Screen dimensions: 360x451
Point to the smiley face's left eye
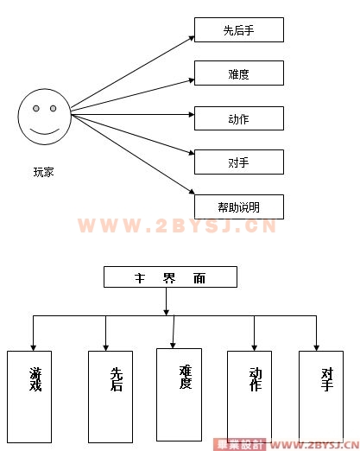pyautogui.click(x=36, y=108)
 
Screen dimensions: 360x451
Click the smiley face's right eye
pyautogui.click(x=53, y=108)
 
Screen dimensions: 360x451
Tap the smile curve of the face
pyautogui.click(x=45, y=133)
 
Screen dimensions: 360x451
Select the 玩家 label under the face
pyautogui.click(x=44, y=172)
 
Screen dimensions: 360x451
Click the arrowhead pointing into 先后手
pyautogui.click(x=192, y=38)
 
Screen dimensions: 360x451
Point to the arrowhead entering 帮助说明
pyautogui.click(x=192, y=192)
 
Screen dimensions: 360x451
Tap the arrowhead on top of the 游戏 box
pyautogui.click(x=34, y=347)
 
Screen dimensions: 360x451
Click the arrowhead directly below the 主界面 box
pyautogui.click(x=166, y=313)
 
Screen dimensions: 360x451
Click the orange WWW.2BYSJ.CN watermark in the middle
pyautogui.click(x=177, y=225)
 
